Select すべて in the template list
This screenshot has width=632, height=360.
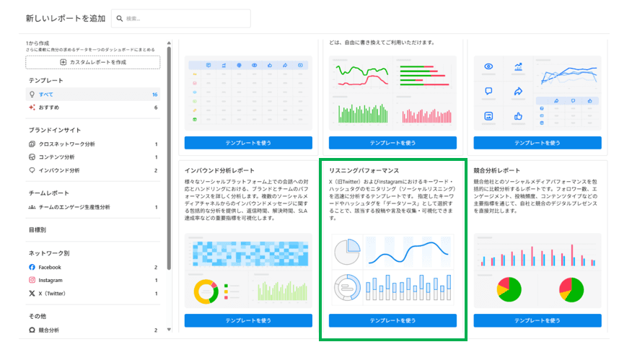[x=46, y=95]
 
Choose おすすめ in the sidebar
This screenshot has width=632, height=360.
[x=49, y=107]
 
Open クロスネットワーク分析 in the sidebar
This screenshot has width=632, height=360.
[x=66, y=144]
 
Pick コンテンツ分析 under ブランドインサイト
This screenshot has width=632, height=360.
[x=56, y=157]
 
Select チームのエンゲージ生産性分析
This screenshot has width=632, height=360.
[x=74, y=207]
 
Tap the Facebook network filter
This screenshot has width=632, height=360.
[x=51, y=267]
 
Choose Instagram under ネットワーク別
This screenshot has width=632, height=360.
[x=51, y=280]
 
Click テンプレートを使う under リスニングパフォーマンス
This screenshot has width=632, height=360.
[x=392, y=320]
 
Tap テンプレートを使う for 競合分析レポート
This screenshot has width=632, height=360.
[x=537, y=320]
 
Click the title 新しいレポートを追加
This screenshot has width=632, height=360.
[x=64, y=18]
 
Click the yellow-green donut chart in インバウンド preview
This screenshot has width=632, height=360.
[x=206, y=291]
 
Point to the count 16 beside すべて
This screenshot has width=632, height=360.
[x=154, y=95]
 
